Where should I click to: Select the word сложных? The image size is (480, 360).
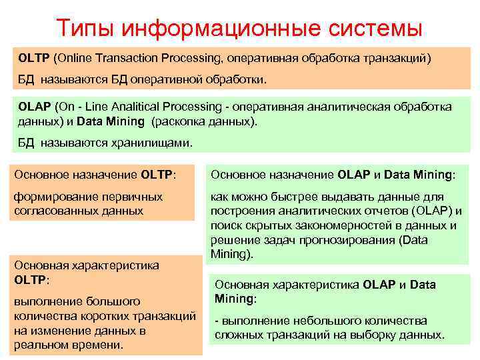[x=238, y=335]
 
